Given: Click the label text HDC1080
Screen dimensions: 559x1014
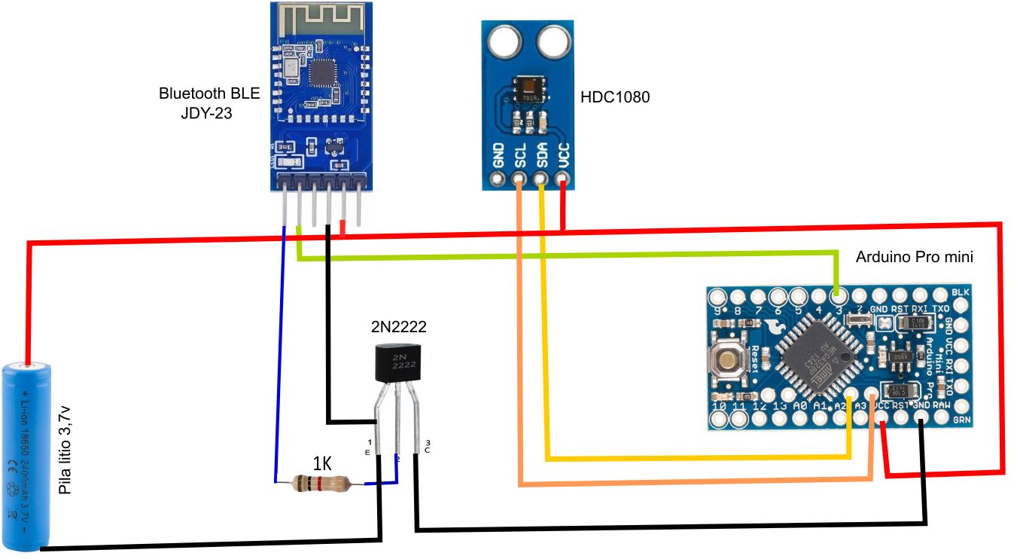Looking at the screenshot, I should coord(615,98).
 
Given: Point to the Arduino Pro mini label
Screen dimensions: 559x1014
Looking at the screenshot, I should coord(915,257).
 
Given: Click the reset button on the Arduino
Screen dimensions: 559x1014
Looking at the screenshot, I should coord(728,360).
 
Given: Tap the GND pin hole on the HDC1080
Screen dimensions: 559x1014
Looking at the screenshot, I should coord(498,180).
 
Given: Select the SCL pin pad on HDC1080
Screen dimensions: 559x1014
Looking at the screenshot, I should coord(519,180).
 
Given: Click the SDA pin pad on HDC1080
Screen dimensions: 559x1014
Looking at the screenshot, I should coord(540,180).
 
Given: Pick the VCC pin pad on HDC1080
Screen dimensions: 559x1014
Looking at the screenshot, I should coord(562,180).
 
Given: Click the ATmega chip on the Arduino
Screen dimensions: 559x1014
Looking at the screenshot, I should coord(817,356).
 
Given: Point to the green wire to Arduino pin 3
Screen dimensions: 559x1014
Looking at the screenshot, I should coord(565,257).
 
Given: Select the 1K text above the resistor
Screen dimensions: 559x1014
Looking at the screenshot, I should coord(321,463).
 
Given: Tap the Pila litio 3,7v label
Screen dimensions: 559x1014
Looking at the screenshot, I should coord(65,449).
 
